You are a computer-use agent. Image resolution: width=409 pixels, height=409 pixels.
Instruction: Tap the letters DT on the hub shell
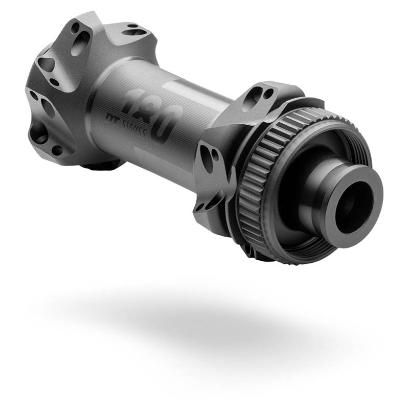coord(112,118)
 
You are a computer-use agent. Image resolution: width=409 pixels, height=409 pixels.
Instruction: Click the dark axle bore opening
coord(353,208)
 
